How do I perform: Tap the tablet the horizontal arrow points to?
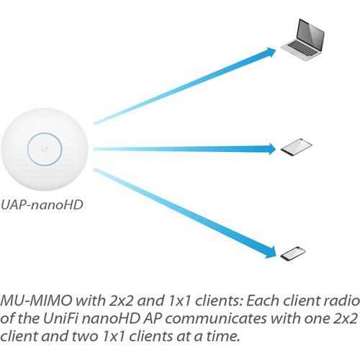(296, 148)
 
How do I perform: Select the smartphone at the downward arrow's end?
(292, 253)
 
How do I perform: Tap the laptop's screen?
(305, 33)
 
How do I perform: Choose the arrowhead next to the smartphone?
(271, 251)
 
